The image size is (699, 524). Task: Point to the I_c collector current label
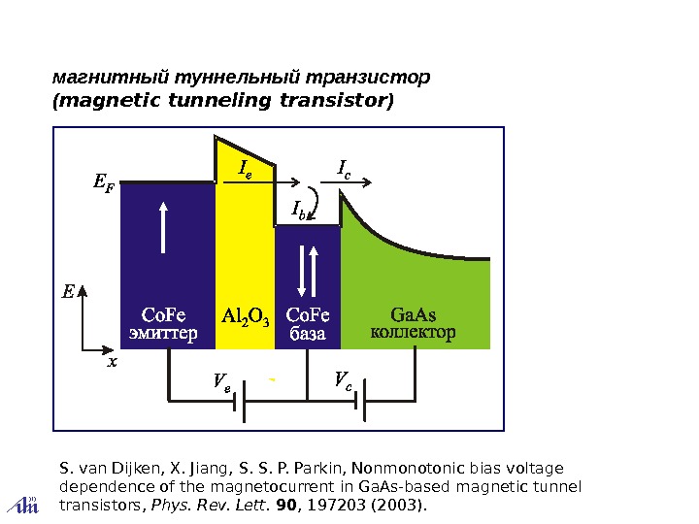(x=344, y=171)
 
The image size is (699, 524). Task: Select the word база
(x=309, y=334)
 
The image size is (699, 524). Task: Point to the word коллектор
(x=413, y=333)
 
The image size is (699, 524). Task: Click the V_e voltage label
(x=222, y=380)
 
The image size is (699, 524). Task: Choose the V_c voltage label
(x=343, y=378)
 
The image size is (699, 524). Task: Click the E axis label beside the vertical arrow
(x=67, y=291)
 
